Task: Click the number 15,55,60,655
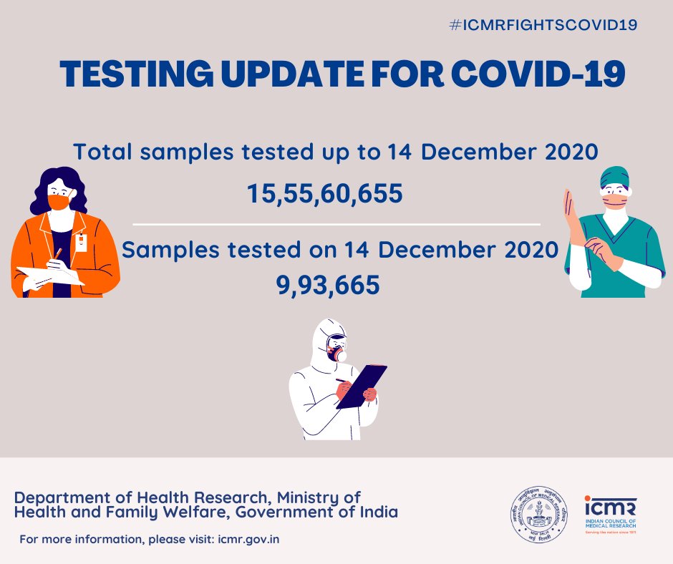coord(324,193)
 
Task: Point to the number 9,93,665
coord(328,285)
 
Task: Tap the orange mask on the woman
coord(59,202)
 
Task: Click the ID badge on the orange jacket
coord(80,242)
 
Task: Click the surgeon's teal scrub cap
coord(614,176)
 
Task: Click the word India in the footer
coord(377,513)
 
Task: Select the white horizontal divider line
coord(336,224)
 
